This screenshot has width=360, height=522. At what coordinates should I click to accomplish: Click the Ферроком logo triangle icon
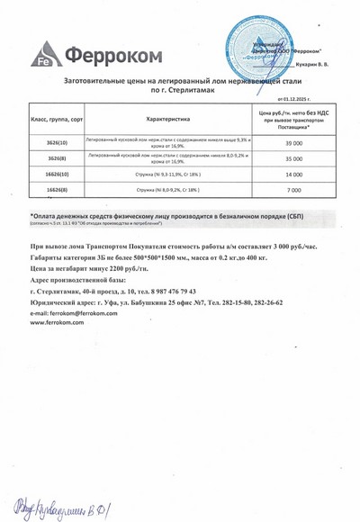pos(45,55)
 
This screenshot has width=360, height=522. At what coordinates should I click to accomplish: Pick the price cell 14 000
pos(292,174)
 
